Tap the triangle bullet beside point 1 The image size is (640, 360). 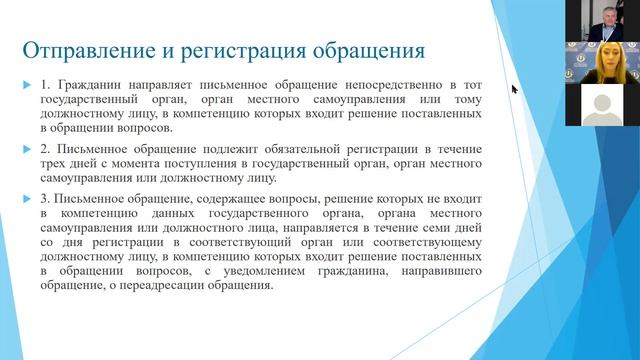click(28, 88)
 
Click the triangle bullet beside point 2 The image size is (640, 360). click(28, 150)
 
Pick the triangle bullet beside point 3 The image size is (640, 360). click(28, 198)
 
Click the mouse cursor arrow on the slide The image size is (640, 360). click(515, 89)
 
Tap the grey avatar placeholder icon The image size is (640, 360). click(603, 102)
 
